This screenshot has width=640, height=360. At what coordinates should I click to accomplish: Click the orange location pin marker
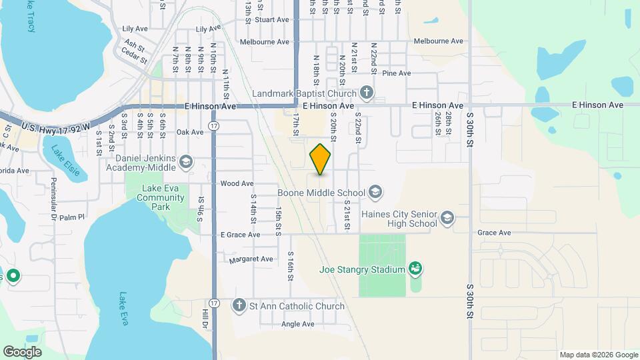321,159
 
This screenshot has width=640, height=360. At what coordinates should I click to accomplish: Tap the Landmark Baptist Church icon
365,92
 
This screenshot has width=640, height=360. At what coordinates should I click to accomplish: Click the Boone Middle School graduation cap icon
375,193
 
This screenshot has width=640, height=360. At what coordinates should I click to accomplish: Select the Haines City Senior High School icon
447,218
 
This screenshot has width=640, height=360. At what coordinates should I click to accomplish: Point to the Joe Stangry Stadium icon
416,269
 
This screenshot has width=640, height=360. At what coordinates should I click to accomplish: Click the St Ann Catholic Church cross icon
239,306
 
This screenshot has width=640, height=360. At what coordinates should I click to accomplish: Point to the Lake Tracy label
30,17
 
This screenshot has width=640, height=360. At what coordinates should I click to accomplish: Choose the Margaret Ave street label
251,259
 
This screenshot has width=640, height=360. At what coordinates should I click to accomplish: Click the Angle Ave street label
297,324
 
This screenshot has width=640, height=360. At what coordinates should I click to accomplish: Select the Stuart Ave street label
272,20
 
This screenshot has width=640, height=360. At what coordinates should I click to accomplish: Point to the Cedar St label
133,57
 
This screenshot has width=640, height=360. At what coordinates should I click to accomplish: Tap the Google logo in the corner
22,352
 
